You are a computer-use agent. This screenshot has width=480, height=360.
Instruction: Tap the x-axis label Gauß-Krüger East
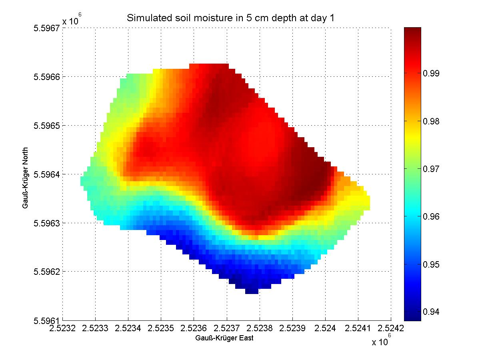(224, 338)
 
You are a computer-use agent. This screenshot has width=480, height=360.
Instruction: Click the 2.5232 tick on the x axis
(63, 328)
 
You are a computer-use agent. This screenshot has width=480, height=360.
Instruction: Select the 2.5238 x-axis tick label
(260, 328)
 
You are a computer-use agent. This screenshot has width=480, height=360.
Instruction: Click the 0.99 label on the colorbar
(431, 73)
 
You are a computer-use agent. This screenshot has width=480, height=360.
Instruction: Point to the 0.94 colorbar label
(431, 312)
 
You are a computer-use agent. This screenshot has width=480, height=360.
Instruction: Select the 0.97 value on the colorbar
(431, 168)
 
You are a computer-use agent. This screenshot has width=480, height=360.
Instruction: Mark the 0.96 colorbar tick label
(431, 216)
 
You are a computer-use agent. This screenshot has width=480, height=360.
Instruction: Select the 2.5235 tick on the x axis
(161, 328)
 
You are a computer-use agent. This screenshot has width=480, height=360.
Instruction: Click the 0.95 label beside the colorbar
(431, 264)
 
